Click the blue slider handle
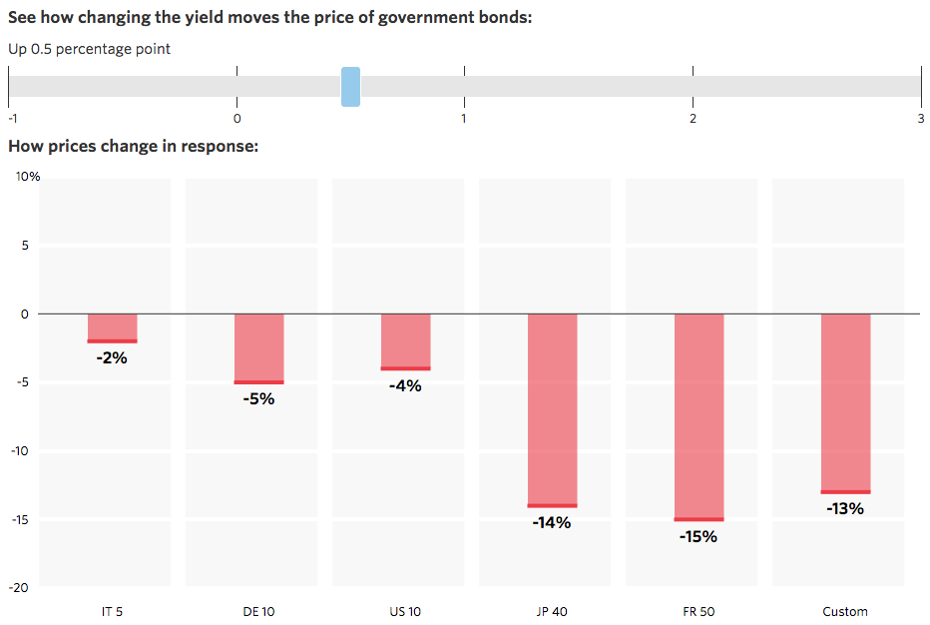350,87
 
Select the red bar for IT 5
112,328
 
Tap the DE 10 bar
258,348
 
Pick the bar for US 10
405,341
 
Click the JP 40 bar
552,410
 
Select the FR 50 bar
698,416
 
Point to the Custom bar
845,403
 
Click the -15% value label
698,537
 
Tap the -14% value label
552,522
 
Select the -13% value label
845,508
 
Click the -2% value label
112,357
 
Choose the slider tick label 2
693,118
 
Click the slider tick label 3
920,118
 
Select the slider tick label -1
10,118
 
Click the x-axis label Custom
845,611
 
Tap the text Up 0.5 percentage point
90,49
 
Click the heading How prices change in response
134,147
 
